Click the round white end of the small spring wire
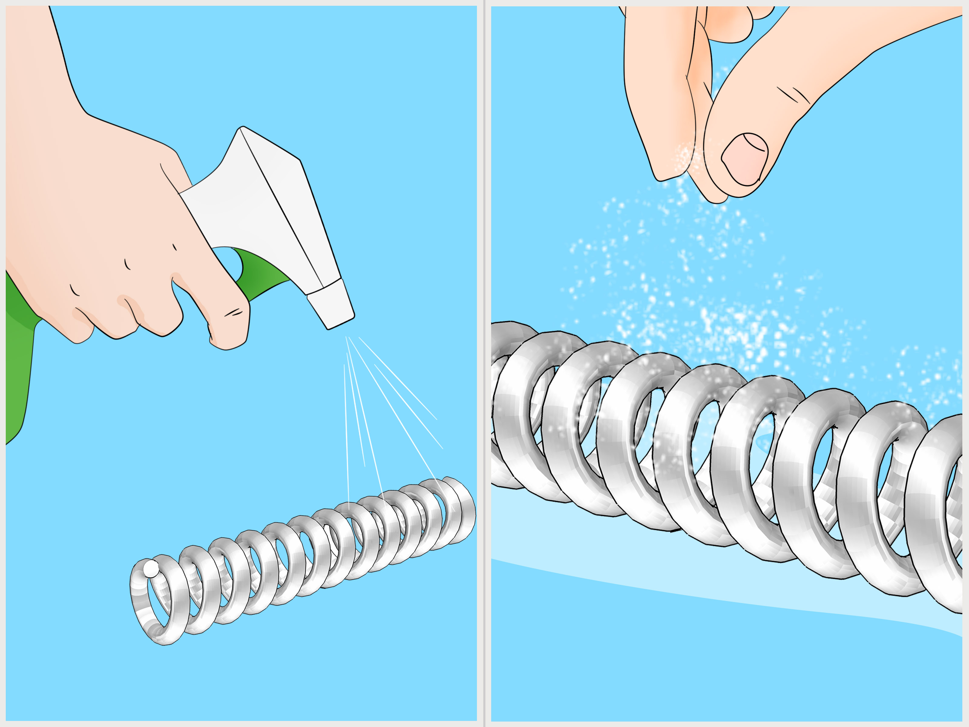pyautogui.click(x=150, y=569)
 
